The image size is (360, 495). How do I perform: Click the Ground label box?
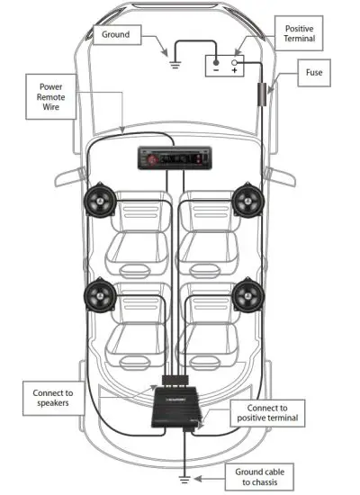(x=116, y=35)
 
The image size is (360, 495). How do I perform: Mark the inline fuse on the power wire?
(x=263, y=93)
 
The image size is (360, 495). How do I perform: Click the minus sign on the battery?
(x=215, y=68)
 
